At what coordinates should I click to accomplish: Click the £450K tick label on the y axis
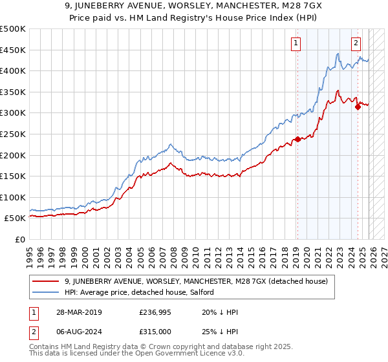(13, 50)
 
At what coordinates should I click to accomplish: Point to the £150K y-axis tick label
(13, 176)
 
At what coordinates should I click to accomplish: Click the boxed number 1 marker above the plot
(296, 43)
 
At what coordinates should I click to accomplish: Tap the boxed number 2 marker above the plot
(356, 43)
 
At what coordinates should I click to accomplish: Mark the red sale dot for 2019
(297, 139)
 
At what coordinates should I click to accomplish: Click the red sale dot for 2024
(358, 107)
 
